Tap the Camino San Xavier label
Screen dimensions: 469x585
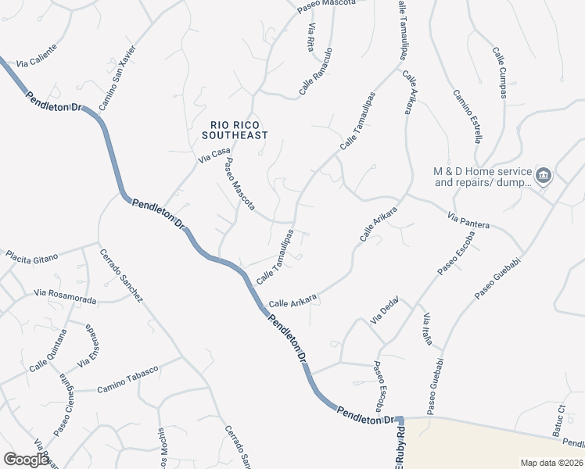(118, 77)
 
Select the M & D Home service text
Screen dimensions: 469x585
(483, 177)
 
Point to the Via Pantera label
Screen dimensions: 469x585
(468, 220)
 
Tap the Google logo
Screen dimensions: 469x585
(26, 460)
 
